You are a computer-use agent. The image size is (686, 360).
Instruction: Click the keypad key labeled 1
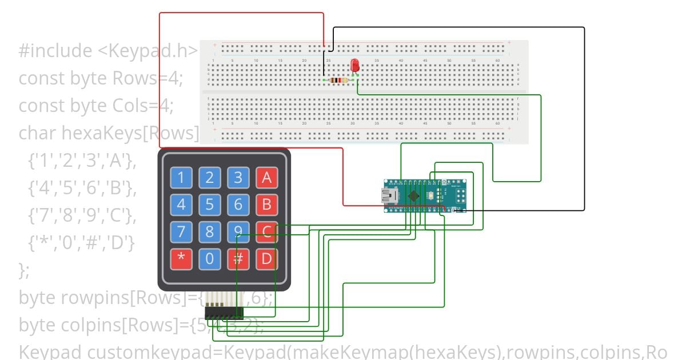click(x=181, y=178)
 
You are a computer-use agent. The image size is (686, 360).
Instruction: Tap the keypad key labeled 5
click(x=210, y=204)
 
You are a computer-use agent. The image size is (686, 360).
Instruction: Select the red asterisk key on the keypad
click(x=181, y=259)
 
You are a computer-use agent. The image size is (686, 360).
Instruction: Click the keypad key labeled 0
click(x=210, y=259)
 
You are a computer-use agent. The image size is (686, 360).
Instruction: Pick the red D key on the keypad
click(x=266, y=259)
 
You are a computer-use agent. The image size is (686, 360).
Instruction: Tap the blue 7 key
click(x=181, y=232)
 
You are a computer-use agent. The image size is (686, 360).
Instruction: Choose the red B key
click(x=266, y=204)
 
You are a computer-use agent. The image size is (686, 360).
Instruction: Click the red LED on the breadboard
click(x=355, y=65)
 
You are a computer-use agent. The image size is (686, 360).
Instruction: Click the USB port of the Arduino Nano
click(x=391, y=197)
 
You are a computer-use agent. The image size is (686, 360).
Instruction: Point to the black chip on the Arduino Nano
click(x=413, y=196)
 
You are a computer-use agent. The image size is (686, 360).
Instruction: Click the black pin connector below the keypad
click(x=224, y=313)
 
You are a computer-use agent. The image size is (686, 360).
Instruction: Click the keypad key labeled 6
click(x=238, y=204)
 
